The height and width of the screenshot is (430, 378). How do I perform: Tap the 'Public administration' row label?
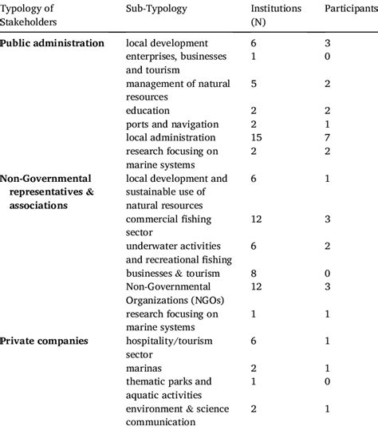[x=53, y=42]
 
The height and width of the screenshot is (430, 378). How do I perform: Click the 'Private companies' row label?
[x=45, y=341]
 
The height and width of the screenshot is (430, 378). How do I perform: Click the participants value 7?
[x=328, y=138]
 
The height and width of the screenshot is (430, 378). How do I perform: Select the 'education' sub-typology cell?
[x=148, y=110]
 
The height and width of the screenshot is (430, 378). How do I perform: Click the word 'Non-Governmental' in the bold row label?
[x=48, y=178]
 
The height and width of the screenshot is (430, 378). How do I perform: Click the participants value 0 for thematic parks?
[x=328, y=381]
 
